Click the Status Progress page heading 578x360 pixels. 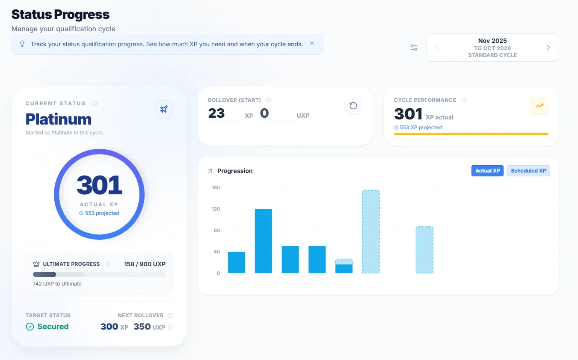click(60, 15)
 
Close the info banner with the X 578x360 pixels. click(312, 44)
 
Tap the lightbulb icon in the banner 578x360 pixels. click(22, 44)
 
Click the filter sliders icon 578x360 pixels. click(414, 48)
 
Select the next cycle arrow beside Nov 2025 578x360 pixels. click(548, 48)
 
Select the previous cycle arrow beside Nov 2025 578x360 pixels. click(437, 48)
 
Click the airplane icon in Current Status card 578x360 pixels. click(164, 109)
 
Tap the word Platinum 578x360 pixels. click(59, 119)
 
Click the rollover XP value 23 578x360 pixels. click(216, 113)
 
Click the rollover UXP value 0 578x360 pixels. click(264, 113)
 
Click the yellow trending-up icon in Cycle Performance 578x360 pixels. click(539, 106)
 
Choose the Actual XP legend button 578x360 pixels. click(487, 171)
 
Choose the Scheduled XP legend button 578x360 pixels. click(528, 171)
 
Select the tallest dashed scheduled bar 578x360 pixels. click(371, 232)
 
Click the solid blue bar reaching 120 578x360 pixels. click(263, 241)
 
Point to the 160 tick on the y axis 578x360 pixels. click(216, 187)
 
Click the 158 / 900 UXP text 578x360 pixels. click(145, 264)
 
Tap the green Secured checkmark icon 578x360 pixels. click(30, 327)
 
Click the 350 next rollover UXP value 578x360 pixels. click(142, 327)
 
